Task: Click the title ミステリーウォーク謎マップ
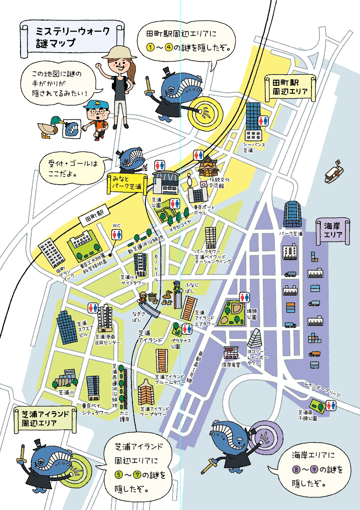73,38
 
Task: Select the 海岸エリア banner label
332,230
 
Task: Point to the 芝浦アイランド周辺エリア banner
45,419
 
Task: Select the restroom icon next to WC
116,234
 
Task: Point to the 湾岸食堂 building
231,353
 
